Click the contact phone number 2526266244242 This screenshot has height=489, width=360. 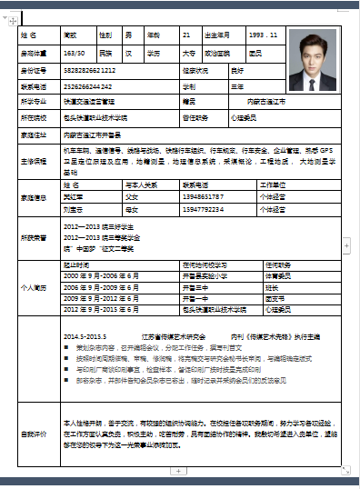coord(90,85)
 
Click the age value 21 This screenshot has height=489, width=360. coord(186,35)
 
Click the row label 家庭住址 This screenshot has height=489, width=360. coord(33,135)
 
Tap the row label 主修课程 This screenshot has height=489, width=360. coord(33,161)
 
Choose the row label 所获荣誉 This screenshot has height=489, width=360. coord(33,237)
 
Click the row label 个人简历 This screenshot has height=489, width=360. coord(33,286)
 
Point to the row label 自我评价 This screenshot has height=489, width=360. coord(33,434)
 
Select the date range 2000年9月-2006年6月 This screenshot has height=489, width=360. coord(100,274)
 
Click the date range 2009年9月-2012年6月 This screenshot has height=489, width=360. coord(100,297)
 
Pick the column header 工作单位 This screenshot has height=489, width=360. coord(273,184)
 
